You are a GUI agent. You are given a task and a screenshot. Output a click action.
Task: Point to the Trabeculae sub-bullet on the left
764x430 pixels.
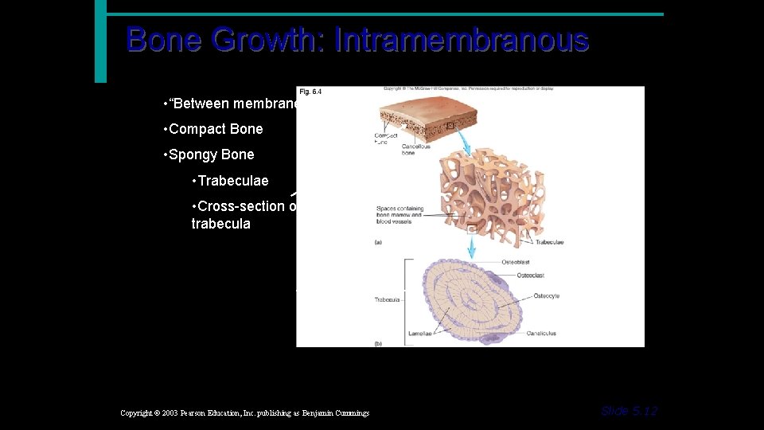(x=230, y=181)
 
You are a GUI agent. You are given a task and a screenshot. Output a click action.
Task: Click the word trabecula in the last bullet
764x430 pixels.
(x=220, y=224)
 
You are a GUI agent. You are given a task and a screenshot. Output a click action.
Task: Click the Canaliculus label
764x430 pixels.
(x=540, y=334)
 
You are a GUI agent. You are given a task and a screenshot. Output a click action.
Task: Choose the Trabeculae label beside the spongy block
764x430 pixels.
(x=550, y=242)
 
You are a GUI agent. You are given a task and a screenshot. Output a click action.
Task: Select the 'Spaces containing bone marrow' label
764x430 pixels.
(x=400, y=213)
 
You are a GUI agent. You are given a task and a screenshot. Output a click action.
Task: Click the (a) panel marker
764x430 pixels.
(x=377, y=242)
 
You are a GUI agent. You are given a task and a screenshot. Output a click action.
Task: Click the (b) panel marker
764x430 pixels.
(x=377, y=343)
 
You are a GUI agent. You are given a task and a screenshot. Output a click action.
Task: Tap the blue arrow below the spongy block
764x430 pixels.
(x=471, y=249)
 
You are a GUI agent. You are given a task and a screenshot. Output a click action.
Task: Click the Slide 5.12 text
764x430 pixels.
(x=629, y=411)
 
